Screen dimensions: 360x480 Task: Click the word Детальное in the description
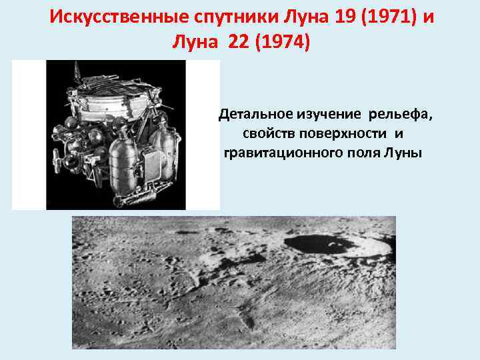click(x=253, y=115)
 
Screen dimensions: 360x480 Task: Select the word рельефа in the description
click(x=400, y=115)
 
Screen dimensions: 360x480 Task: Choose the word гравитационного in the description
click(x=273, y=153)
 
